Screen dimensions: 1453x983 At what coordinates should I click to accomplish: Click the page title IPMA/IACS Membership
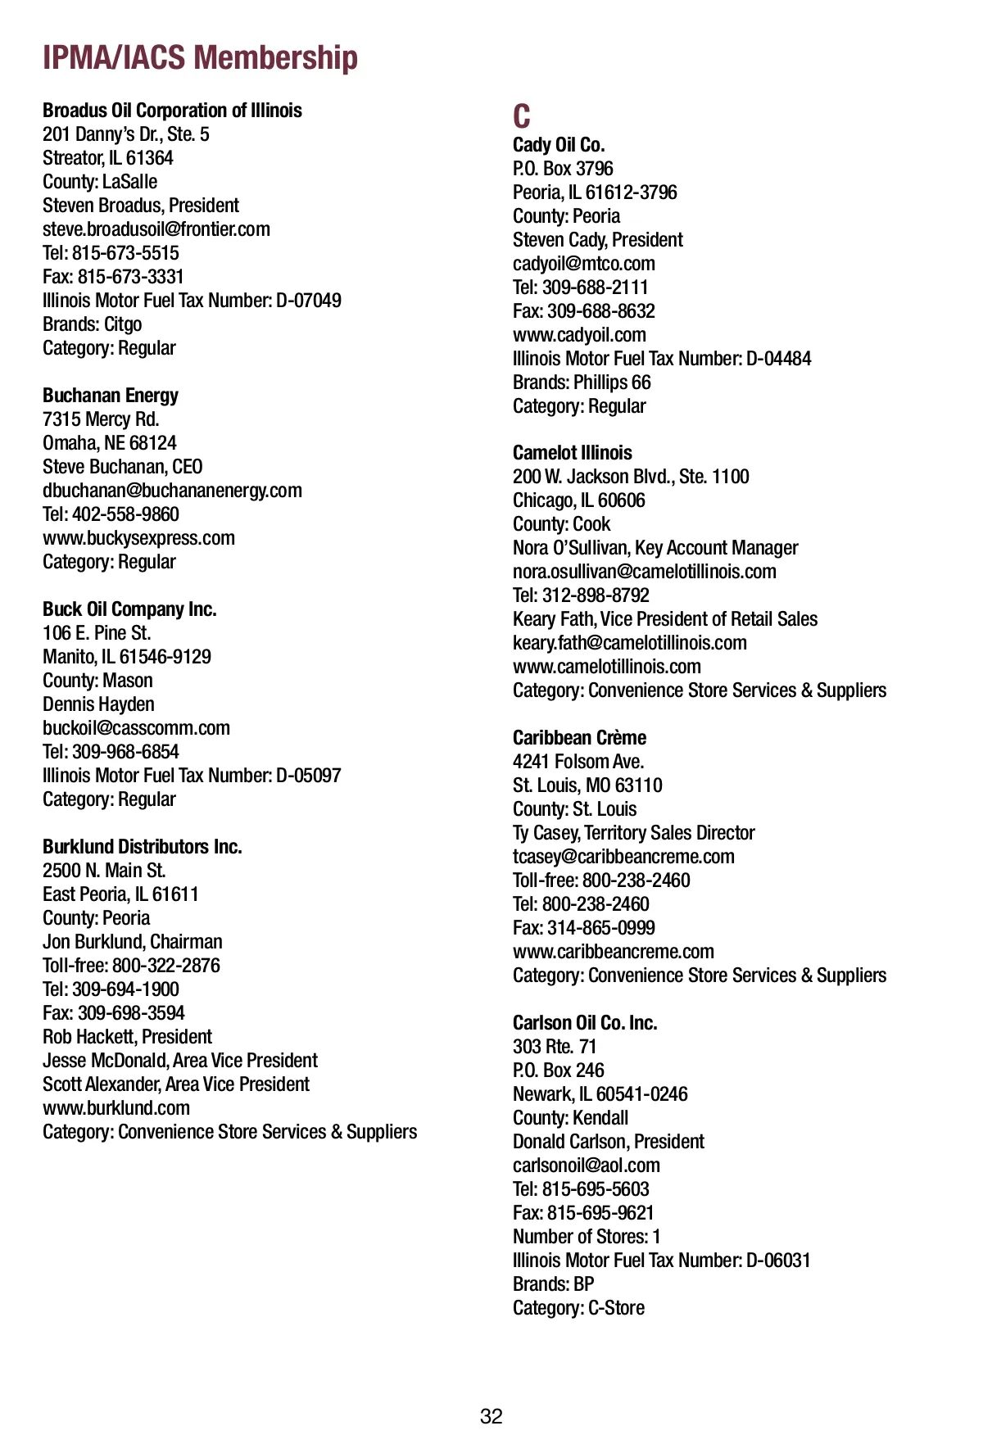pos(200,58)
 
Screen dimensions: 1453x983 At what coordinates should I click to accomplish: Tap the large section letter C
pos(522,116)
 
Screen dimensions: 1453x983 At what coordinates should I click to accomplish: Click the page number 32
pos(491,1416)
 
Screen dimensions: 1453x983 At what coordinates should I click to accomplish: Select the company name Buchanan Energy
pos(111,396)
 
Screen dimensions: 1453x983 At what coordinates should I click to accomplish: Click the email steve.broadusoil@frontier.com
pos(156,229)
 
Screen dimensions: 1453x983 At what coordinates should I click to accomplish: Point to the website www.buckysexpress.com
pos(138,538)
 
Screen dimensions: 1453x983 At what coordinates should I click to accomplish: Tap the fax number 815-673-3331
pos(130,277)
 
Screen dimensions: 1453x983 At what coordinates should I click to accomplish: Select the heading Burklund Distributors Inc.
pos(143,847)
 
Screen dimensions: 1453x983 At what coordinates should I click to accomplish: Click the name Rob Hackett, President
pos(127,1037)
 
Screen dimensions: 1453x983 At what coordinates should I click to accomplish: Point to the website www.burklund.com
pos(116,1108)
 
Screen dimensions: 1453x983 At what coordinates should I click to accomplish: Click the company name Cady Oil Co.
pos(559,145)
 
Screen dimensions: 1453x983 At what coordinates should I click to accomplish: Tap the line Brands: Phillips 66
pos(582,382)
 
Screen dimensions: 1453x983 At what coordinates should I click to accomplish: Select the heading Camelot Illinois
pos(573,453)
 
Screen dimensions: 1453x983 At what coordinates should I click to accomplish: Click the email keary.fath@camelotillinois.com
pos(630,643)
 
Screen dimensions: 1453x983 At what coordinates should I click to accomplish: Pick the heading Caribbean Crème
pos(579,738)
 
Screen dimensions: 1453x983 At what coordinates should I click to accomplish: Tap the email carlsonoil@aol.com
pos(587,1166)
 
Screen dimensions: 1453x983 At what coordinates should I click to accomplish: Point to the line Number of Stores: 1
pos(587,1237)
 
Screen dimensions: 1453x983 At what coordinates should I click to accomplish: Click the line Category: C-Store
pos(578,1308)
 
